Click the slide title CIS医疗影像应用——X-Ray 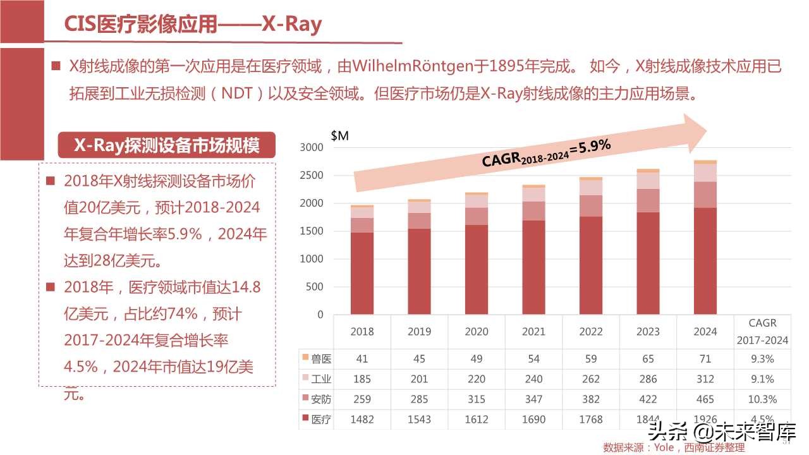tap(193, 24)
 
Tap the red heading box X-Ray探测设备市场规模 tap(167, 145)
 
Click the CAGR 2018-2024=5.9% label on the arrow tap(546, 153)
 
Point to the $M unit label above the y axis tap(339, 135)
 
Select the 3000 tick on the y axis tap(311, 147)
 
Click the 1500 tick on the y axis tap(311, 231)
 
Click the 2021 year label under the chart tap(533, 331)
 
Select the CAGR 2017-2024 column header tap(762, 331)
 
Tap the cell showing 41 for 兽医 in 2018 tap(362, 359)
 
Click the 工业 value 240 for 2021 tap(533, 379)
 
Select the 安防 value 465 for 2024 tap(705, 399)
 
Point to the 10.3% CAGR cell tap(762, 399)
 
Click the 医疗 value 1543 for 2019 tap(419, 419)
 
